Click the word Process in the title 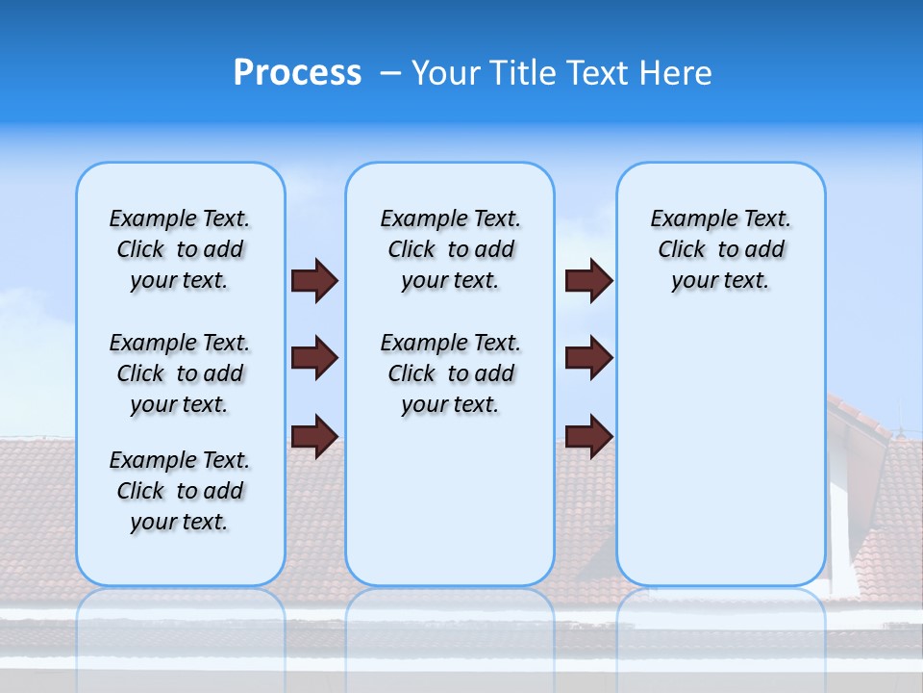[x=297, y=73]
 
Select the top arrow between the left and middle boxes [x=314, y=280]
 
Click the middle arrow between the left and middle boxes [x=314, y=358]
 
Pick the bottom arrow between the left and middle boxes [x=314, y=436]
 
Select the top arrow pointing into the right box [x=588, y=280]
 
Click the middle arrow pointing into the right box [x=588, y=358]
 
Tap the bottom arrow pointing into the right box [x=588, y=436]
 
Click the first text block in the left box [x=180, y=249]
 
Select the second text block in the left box [x=180, y=373]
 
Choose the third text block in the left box [x=180, y=491]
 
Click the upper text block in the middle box [x=450, y=249]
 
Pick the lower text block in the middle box [x=450, y=373]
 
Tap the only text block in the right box [x=720, y=249]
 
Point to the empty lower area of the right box [x=720, y=462]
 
